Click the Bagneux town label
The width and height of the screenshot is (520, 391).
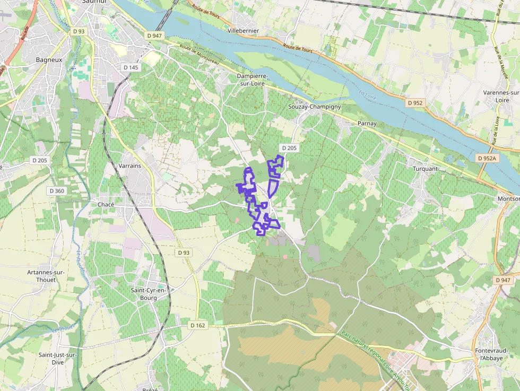pos(49,60)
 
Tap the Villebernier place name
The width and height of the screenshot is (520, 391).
pos(243,31)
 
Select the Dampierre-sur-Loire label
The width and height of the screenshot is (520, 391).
pos(253,80)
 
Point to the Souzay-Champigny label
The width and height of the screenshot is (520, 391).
pos(314,107)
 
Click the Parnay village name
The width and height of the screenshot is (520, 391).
pos(367,124)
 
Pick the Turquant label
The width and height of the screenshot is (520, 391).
pos(425,169)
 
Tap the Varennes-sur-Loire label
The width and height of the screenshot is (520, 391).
pos(500,96)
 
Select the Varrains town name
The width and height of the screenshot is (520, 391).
pos(130,166)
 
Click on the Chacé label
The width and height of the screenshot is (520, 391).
pos(106,204)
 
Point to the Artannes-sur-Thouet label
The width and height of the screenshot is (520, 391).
pos(46,276)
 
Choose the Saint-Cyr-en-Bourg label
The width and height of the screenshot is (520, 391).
pos(149,294)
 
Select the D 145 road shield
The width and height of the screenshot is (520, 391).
pos(131,67)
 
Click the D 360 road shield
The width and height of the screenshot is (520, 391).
pos(57,191)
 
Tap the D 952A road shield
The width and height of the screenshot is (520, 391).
pos(487,158)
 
